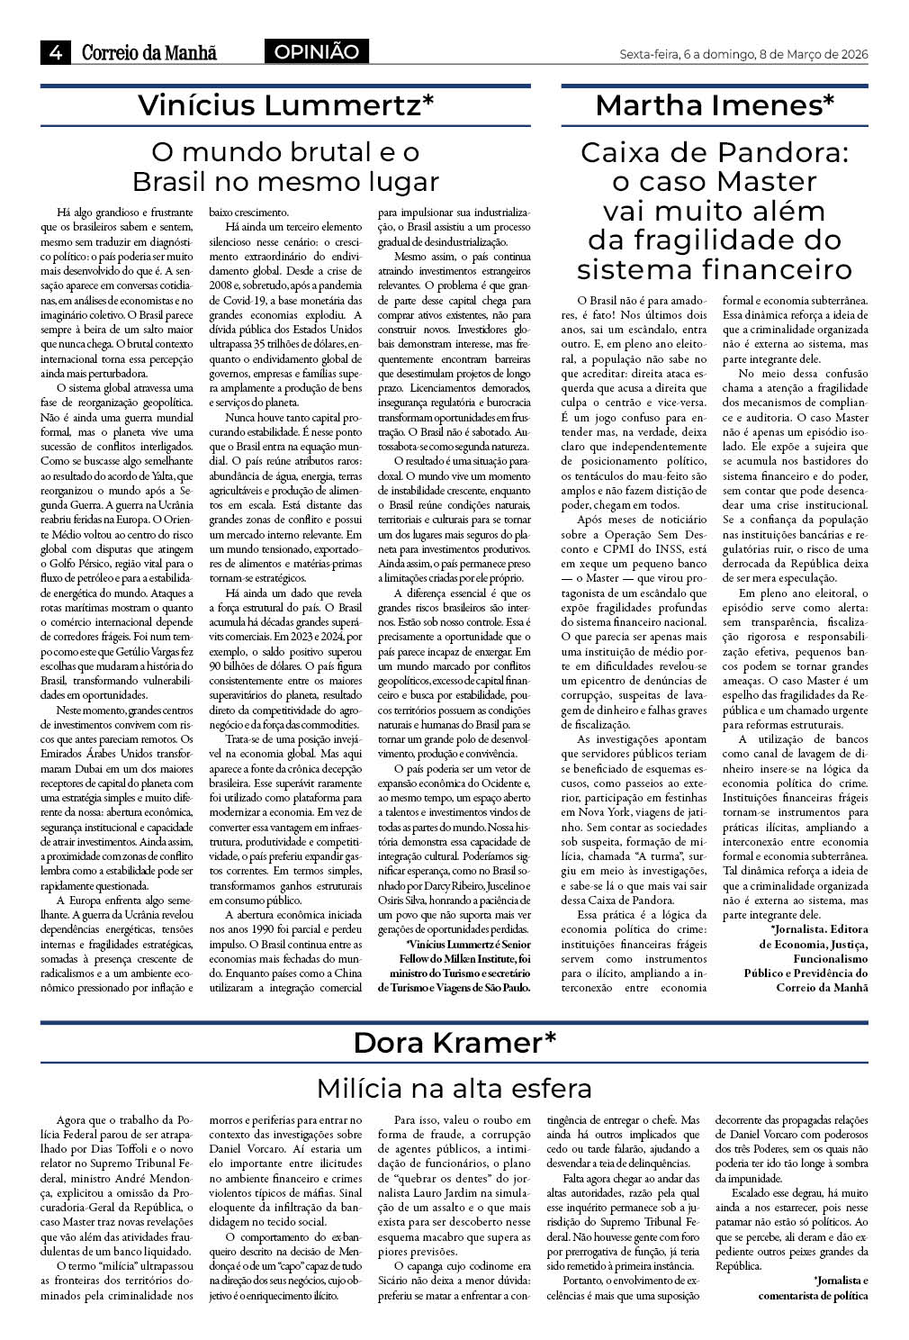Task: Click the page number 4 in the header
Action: point(55,53)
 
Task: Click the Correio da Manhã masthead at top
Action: point(149,53)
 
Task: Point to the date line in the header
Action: point(743,54)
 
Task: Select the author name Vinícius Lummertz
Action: point(285,106)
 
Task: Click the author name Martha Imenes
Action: point(715,106)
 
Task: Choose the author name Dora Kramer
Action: point(454,1043)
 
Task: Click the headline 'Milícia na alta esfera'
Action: point(454,1088)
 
